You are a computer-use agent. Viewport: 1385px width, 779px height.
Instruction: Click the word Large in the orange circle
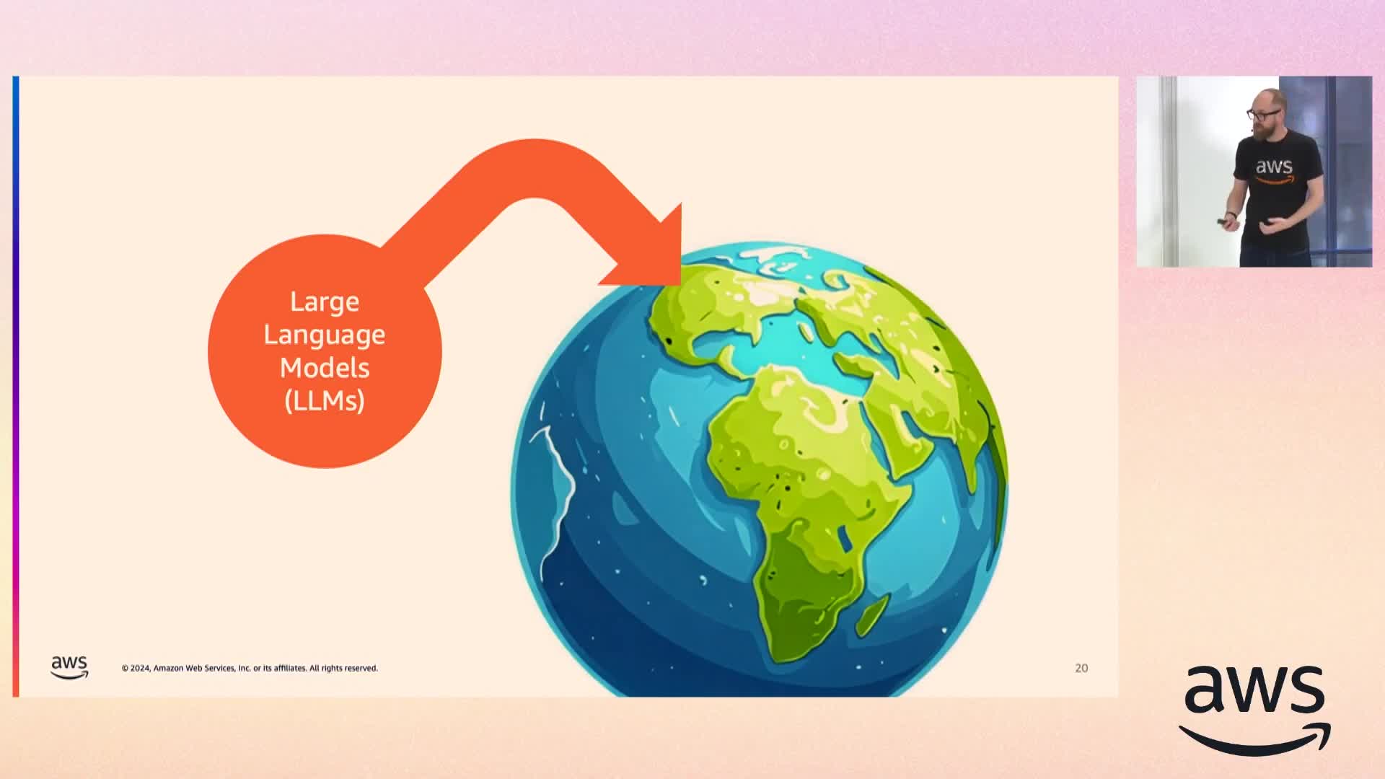click(325, 302)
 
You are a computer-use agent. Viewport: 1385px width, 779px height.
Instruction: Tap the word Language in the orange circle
click(325, 335)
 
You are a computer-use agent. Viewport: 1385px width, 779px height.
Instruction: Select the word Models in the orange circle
click(325, 368)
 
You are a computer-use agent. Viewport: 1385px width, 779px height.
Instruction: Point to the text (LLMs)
click(325, 400)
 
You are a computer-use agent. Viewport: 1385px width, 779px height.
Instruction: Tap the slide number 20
click(1081, 669)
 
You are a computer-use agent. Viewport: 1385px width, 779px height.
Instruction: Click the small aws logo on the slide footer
click(69, 667)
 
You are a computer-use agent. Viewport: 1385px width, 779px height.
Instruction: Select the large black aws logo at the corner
click(1255, 710)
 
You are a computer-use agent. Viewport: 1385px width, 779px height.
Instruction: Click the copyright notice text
click(250, 669)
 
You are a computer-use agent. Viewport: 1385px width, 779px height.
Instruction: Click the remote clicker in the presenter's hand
click(1224, 221)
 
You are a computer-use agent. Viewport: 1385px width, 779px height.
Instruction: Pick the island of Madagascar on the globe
click(873, 615)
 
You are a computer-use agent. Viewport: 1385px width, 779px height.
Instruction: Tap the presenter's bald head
click(1267, 100)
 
